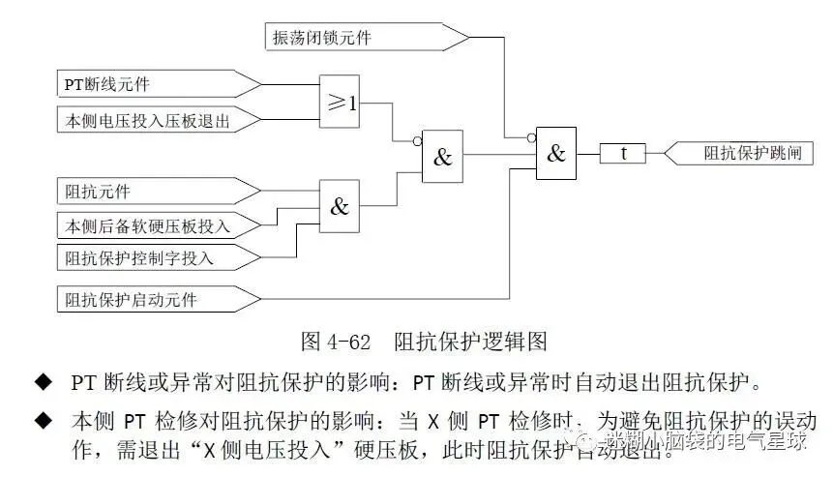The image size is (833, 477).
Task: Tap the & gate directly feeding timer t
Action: pyautogui.click(x=555, y=153)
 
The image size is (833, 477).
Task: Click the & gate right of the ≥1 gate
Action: pyautogui.click(x=442, y=158)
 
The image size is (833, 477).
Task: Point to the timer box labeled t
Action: pyautogui.click(x=623, y=153)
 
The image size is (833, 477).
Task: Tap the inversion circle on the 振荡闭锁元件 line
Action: pyautogui.click(x=531, y=138)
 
